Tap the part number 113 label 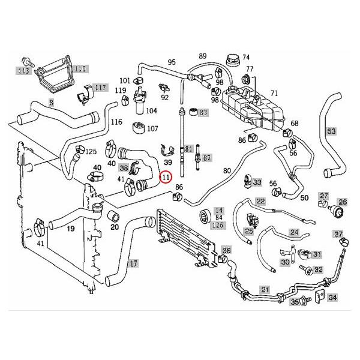[x=23, y=70]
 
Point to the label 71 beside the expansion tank [x=275, y=94]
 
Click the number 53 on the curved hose [x=331, y=131]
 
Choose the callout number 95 [x=172, y=62]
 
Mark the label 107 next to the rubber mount [x=152, y=128]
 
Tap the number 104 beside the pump [x=151, y=111]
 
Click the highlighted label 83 [x=203, y=112]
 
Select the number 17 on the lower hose [x=133, y=263]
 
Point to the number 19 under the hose [x=71, y=229]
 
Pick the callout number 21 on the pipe [x=265, y=290]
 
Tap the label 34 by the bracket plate [x=332, y=298]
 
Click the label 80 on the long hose [x=226, y=170]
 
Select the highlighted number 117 [x=100, y=88]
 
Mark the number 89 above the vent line [x=202, y=55]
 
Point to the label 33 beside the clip [x=257, y=182]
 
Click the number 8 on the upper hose [x=52, y=103]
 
